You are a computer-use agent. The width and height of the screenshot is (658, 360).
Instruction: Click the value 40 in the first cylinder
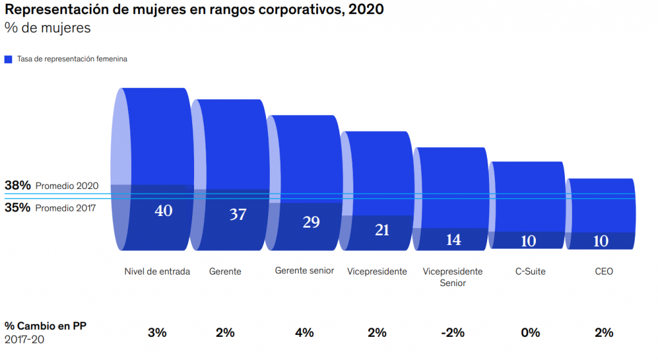[x=163, y=210]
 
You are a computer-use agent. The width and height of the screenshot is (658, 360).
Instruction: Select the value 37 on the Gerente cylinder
[x=238, y=214]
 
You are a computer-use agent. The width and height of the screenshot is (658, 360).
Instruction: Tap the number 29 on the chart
[x=311, y=222]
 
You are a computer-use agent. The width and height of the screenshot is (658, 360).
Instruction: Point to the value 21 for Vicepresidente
[x=382, y=230]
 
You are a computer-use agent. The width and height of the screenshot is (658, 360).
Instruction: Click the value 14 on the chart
[x=454, y=239]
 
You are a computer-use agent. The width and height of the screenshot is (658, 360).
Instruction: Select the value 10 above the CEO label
[x=601, y=241]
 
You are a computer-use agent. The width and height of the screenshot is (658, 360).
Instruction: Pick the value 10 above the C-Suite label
[x=528, y=241]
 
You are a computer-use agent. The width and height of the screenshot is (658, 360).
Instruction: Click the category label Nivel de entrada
[x=157, y=271]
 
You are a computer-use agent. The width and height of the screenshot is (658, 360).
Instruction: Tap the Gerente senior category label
[x=304, y=271]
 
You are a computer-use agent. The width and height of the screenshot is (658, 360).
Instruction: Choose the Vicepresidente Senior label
[x=452, y=276]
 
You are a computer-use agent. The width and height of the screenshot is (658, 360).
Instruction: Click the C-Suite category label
[x=530, y=271]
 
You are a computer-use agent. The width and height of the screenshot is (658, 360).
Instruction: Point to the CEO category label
[x=604, y=271]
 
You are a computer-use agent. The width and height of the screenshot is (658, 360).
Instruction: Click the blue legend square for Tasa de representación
[x=8, y=59]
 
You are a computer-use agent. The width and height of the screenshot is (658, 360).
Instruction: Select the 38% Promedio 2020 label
[x=51, y=186]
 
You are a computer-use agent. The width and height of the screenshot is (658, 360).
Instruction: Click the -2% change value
[x=452, y=332]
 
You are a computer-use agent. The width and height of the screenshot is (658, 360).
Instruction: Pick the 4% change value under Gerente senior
[x=304, y=332]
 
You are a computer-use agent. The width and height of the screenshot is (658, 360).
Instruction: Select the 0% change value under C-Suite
[x=530, y=332]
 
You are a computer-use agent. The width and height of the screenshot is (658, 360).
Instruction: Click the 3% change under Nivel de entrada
[x=157, y=332]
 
